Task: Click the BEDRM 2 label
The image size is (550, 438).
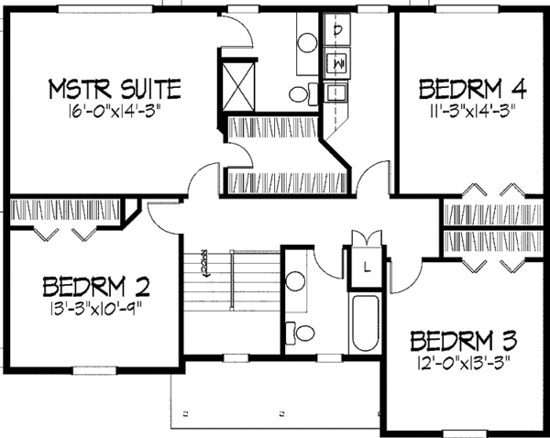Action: (96, 287)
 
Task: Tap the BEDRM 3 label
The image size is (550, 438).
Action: (463, 340)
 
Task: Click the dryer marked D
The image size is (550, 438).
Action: (338, 30)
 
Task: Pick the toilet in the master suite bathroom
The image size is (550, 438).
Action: (301, 93)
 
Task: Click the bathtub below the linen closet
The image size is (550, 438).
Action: (364, 322)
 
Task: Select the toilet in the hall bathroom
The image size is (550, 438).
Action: (302, 331)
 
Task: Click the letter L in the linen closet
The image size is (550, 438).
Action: (366, 267)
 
